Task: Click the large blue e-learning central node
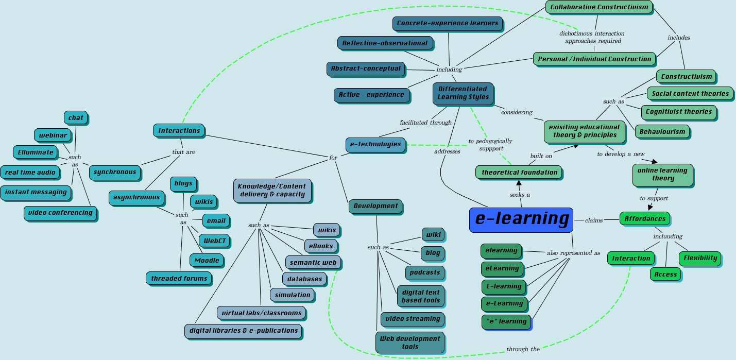[521, 219]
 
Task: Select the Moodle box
[207, 261]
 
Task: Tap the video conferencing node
[60, 213]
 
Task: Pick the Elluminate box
[35, 152]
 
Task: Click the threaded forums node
[179, 279]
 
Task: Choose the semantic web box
[313, 263]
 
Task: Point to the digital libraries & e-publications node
[243, 331]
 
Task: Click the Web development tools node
[409, 342]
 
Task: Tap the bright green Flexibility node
[700, 259]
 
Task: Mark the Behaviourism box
[662, 132]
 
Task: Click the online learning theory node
[662, 175]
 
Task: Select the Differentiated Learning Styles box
[463, 93]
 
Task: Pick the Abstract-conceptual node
[365, 68]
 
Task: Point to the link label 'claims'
[593, 220]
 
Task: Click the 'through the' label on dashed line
[523, 349]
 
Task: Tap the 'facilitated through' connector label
[425, 123]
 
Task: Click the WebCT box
[215, 241]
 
